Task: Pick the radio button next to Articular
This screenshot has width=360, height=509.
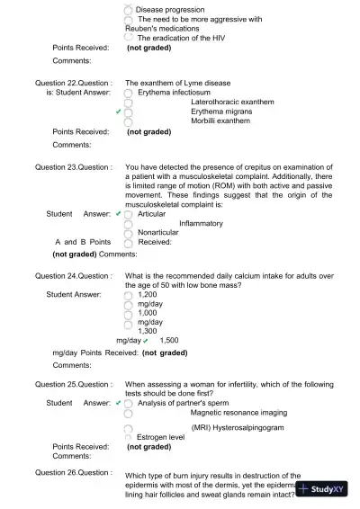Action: (130, 215)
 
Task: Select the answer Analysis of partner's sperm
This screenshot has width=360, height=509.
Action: (189, 403)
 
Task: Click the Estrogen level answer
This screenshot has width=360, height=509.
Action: (161, 437)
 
